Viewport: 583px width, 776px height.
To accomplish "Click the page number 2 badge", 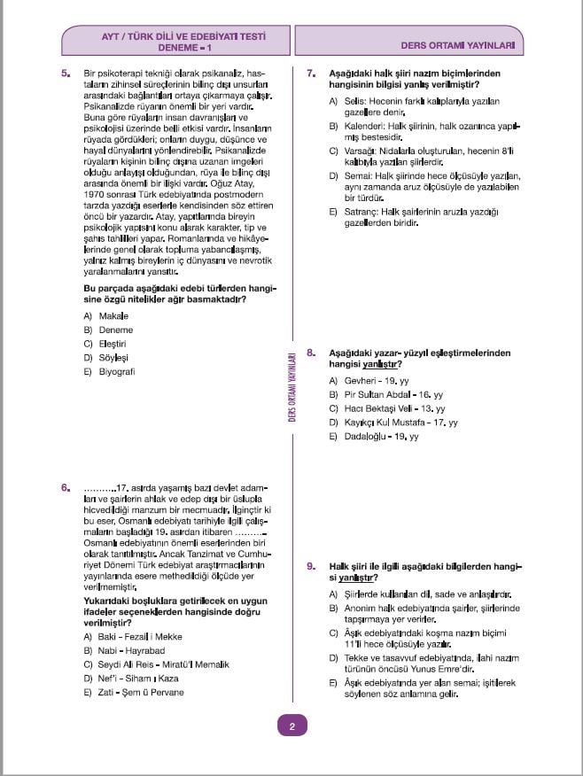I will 291,727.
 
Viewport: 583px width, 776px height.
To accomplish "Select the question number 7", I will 311,73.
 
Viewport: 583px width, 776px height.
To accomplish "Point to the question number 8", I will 311,353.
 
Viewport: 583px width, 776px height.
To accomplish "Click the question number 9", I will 311,565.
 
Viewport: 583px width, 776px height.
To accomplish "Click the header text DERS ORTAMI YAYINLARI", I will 457,42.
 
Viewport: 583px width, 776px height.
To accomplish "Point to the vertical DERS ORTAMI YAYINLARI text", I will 291,389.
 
